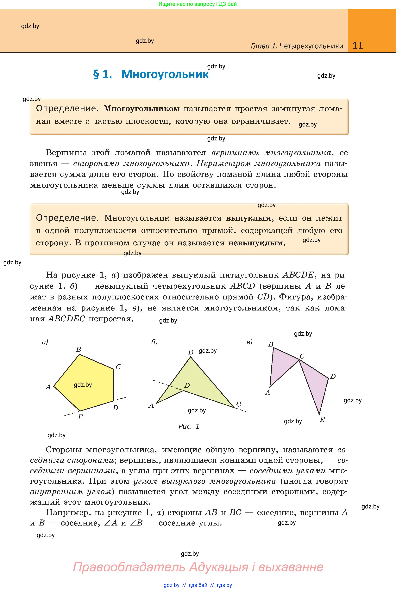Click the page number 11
358,46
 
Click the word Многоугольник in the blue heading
165,74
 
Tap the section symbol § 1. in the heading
103,74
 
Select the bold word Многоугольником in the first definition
141,108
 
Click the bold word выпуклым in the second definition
248,218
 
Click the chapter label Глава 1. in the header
264,46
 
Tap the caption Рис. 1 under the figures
189,426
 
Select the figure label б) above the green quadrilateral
154,342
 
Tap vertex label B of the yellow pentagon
79,349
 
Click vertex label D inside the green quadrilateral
187,385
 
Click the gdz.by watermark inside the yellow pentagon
83,385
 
